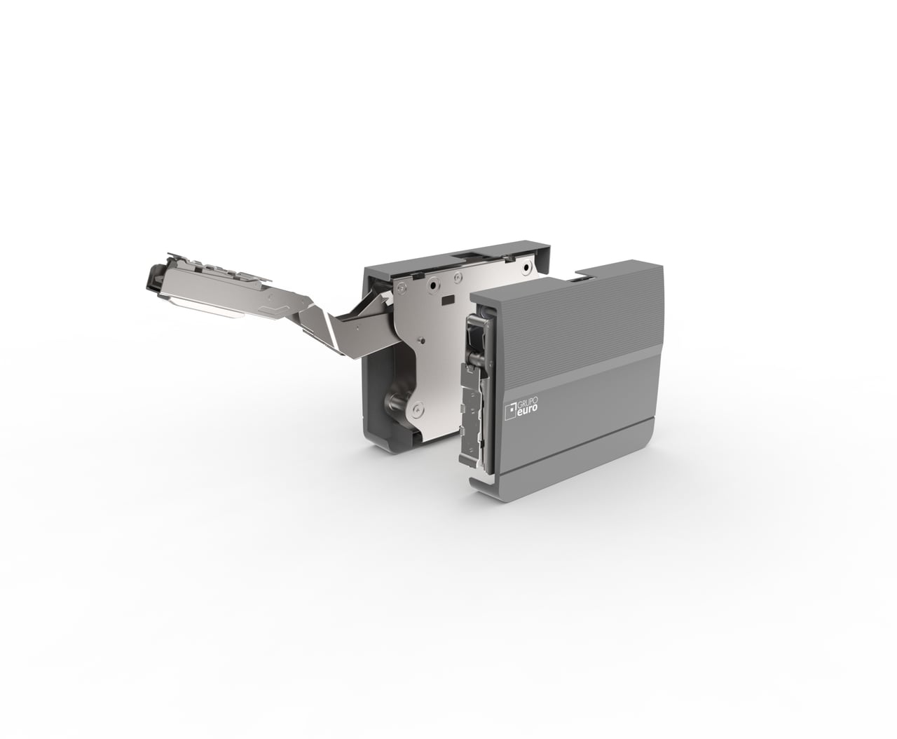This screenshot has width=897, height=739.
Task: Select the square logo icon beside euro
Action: click(x=509, y=409)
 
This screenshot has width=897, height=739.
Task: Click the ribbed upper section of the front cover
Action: click(x=582, y=316)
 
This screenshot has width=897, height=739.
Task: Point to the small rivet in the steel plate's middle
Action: click(x=421, y=341)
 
